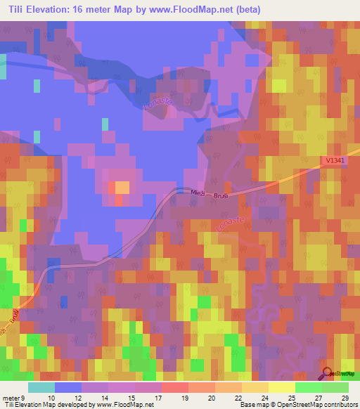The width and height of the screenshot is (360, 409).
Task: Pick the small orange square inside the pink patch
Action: click(x=122, y=187)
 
